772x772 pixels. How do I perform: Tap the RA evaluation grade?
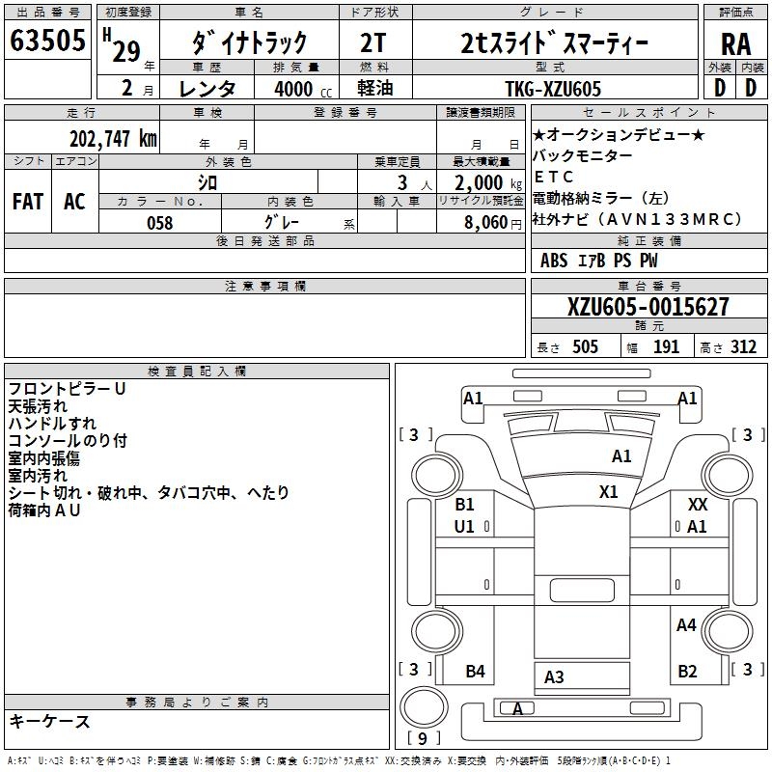[x=735, y=44]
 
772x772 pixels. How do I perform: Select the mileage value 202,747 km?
[x=113, y=138]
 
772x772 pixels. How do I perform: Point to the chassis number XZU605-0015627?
[x=648, y=307]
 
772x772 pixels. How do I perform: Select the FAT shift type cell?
[x=27, y=202]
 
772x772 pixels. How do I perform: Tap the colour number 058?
[x=159, y=223]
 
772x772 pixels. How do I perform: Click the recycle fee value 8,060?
[x=479, y=223]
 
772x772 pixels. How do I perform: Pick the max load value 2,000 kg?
[x=479, y=182]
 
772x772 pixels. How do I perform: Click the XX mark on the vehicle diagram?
[x=697, y=505]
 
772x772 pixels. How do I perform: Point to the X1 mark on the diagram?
[x=608, y=491]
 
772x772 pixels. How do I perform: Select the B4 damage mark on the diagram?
[x=475, y=672]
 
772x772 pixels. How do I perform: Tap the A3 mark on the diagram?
[x=554, y=677]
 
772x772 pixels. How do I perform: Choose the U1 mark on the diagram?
[x=465, y=526]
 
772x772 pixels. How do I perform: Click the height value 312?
[x=743, y=347]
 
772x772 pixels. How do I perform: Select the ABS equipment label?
[x=554, y=261]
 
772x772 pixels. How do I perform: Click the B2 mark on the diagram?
[x=687, y=672]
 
